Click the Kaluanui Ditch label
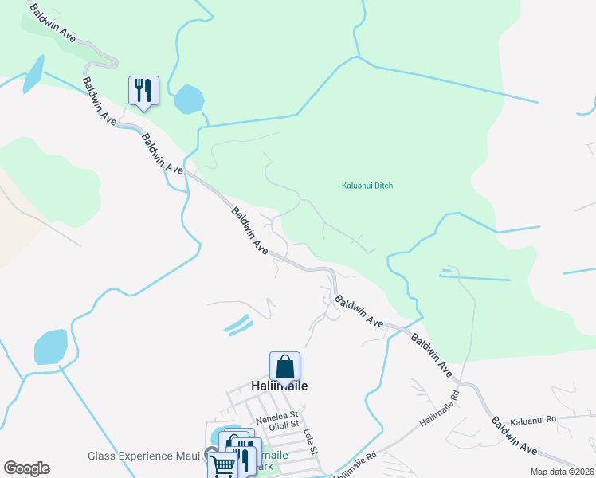click(367, 186)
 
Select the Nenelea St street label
click(276, 415)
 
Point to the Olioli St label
click(283, 425)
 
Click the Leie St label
click(310, 441)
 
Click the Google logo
click(26, 468)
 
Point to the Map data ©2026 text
click(562, 472)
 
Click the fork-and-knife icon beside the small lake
click(143, 89)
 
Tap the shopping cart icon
click(223, 465)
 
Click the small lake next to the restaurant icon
click(189, 100)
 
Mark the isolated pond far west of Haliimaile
click(51, 347)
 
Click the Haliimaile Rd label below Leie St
click(355, 465)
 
